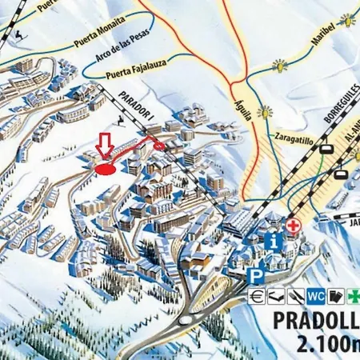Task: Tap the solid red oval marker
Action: (x=104, y=169)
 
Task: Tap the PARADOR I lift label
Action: (x=135, y=110)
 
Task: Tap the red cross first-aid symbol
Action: (x=294, y=227)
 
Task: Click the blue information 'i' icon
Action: (x=274, y=240)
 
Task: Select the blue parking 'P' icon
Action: (x=254, y=276)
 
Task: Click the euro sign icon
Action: (x=255, y=295)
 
